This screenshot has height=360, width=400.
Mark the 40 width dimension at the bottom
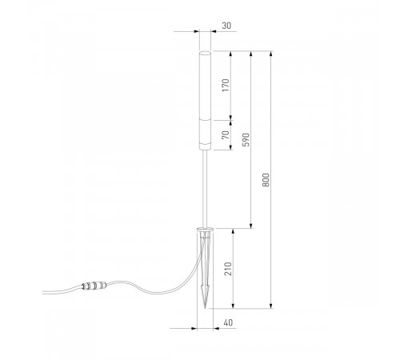[x=228, y=322]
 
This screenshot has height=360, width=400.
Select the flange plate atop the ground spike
[x=206, y=231]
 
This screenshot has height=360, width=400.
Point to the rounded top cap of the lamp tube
[x=206, y=52]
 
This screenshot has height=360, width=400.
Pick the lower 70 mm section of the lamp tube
[x=206, y=134]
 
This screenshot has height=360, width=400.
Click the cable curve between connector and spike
[x=152, y=288]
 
